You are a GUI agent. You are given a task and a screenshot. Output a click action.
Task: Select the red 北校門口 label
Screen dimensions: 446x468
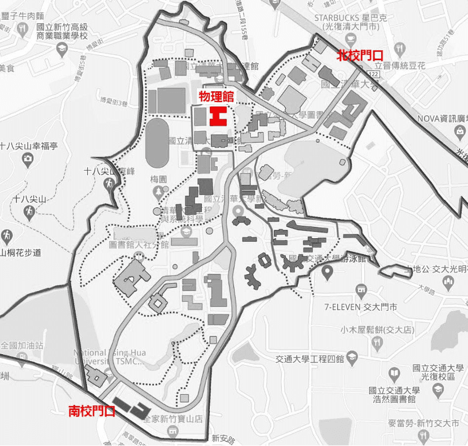(x=360, y=55)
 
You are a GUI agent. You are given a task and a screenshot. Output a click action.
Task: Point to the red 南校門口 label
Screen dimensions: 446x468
(x=92, y=411)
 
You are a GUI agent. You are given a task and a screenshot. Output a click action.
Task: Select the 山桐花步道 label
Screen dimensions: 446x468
(x=21, y=253)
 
